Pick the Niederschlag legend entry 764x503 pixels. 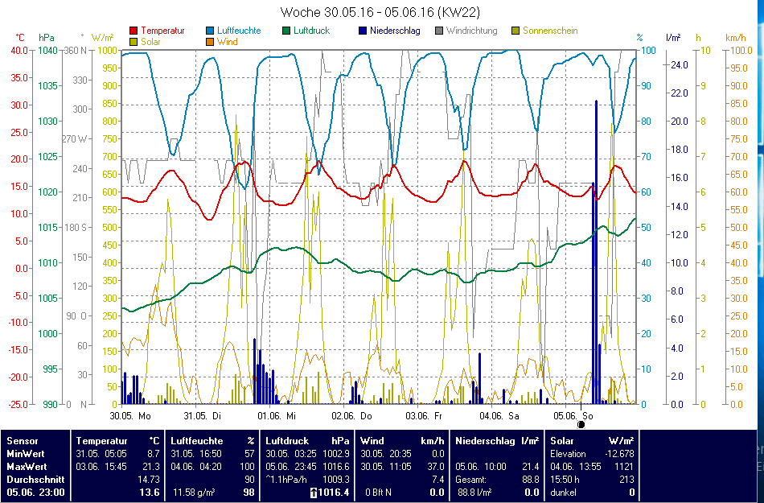pyautogui.click(x=394, y=31)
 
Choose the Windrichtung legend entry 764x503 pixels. pyautogui.click(x=471, y=31)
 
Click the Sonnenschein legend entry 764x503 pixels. pyautogui.click(x=549, y=31)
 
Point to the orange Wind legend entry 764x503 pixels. pyautogui.click(x=228, y=41)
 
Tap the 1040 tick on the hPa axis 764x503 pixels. pyautogui.click(x=47, y=50)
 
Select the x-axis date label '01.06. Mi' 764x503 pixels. pyautogui.click(x=277, y=416)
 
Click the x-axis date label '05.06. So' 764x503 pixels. pyautogui.click(x=573, y=416)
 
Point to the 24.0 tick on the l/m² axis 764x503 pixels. pyautogui.click(x=677, y=64)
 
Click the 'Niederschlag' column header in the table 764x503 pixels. pyautogui.click(x=485, y=441)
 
